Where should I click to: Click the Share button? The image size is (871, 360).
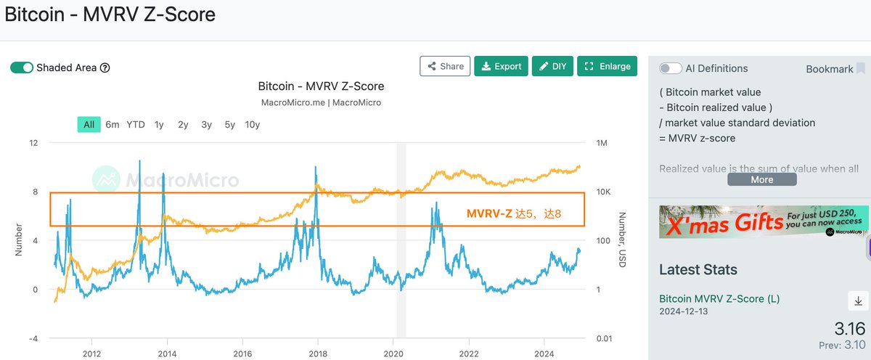[445, 66]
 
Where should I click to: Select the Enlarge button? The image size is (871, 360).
[608, 66]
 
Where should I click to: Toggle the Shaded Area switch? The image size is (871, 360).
[22, 67]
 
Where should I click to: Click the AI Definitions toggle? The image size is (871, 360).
[670, 68]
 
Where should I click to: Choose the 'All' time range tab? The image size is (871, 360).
[89, 124]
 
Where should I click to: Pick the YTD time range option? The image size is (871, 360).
[136, 124]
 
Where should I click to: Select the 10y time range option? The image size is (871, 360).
[253, 124]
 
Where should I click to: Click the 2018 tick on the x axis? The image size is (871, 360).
[317, 354]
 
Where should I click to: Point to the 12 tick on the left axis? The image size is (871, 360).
[33, 143]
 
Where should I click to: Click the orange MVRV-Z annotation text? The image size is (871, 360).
[514, 213]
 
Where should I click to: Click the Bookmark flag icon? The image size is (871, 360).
[861, 68]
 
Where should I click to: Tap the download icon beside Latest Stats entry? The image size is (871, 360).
[856, 300]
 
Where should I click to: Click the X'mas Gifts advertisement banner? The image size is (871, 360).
[764, 222]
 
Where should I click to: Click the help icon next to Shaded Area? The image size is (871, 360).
[105, 67]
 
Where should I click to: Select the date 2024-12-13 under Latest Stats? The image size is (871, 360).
[684, 311]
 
